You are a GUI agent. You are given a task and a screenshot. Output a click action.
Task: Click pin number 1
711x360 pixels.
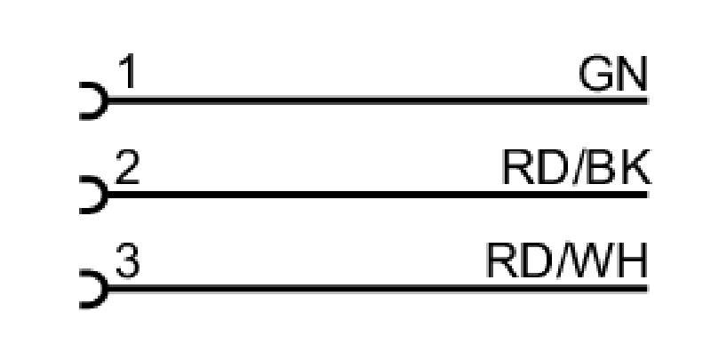(128, 71)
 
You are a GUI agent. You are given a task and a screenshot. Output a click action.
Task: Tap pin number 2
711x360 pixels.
(127, 167)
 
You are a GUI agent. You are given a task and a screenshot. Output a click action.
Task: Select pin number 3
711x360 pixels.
(127, 260)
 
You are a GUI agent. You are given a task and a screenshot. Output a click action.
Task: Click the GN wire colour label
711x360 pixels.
(613, 75)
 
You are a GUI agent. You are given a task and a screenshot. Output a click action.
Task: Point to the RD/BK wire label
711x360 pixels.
(577, 167)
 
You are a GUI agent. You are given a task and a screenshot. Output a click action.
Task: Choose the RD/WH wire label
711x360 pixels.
(567, 260)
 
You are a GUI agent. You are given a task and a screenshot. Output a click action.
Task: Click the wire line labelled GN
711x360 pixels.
(378, 100)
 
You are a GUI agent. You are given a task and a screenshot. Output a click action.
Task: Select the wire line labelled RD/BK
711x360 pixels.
(378, 195)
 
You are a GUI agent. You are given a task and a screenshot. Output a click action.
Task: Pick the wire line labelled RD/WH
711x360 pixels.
(378, 288)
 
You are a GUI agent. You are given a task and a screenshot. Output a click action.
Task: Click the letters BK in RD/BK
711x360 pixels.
(619, 167)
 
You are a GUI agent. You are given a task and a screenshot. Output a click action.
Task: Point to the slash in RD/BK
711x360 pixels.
(579, 167)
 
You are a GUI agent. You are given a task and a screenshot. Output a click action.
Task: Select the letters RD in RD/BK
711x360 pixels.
(536, 167)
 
